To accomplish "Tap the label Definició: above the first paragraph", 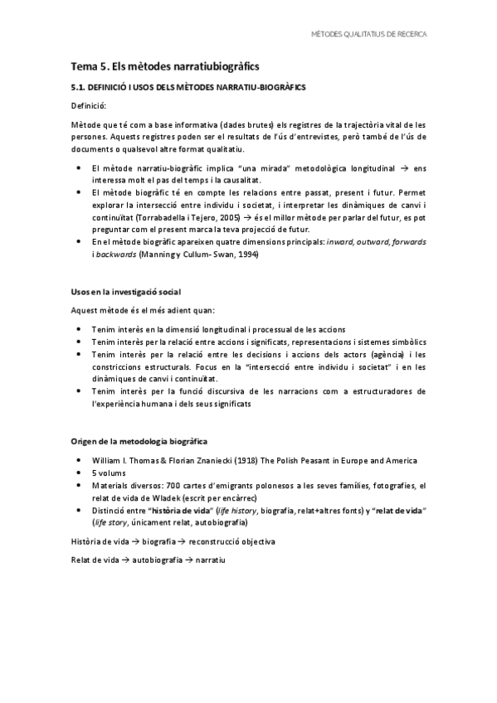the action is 88,106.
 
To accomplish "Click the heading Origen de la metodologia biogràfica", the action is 139,440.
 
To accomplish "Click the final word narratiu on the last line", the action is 211,560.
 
